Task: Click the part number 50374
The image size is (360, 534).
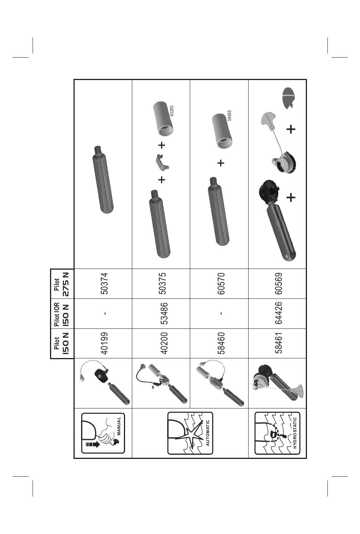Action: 104,284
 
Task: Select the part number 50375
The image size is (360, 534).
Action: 163,284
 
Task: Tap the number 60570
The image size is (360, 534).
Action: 221,284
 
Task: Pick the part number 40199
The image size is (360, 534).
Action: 104,343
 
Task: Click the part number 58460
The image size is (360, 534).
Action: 221,343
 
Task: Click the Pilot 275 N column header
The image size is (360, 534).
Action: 61,284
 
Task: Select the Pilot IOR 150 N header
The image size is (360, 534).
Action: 61,314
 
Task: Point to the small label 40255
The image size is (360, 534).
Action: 172,111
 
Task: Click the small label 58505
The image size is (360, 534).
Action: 229,115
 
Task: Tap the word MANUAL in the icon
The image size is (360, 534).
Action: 119,426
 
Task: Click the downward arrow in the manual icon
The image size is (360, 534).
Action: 92,444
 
